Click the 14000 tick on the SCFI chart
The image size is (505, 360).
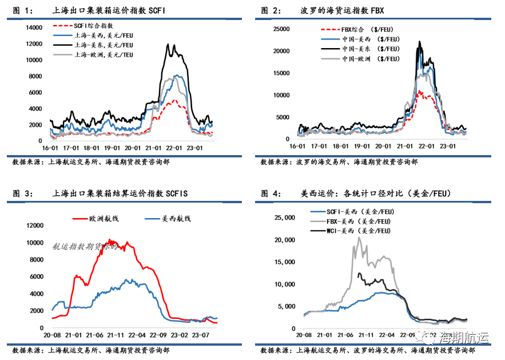tap(35, 27)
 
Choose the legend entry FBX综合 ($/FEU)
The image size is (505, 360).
tap(367, 29)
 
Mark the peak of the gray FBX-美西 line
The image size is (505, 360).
tap(359, 237)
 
